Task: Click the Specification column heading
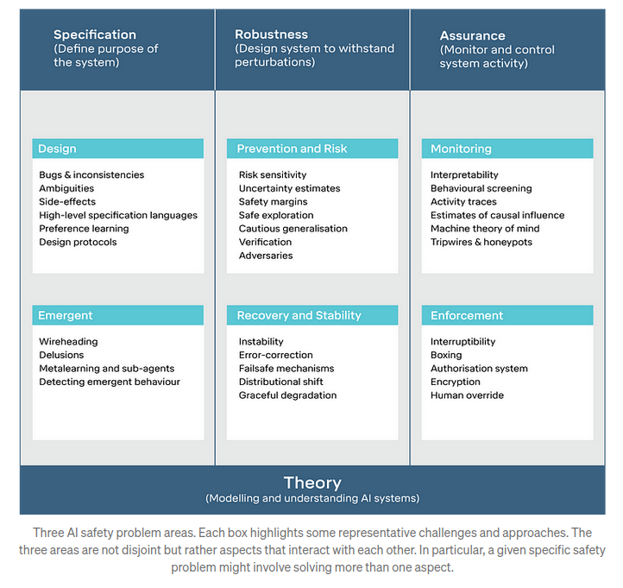point(95,35)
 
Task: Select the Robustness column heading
point(271,35)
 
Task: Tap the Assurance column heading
point(472,35)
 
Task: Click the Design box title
point(57,149)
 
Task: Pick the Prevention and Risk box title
point(292,149)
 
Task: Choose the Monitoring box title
point(462,149)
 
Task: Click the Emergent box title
point(66,315)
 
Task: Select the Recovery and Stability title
point(299,315)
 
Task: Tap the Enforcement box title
point(467,315)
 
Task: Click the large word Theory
point(312,483)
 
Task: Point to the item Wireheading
point(68,342)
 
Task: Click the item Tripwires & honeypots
point(481,242)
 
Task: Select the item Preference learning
point(84,229)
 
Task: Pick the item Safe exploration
point(276,215)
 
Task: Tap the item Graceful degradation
point(287,395)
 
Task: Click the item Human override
point(468,395)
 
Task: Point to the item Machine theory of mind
point(485,229)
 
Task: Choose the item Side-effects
point(67,201)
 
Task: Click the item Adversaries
point(266,256)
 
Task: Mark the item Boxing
point(446,355)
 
